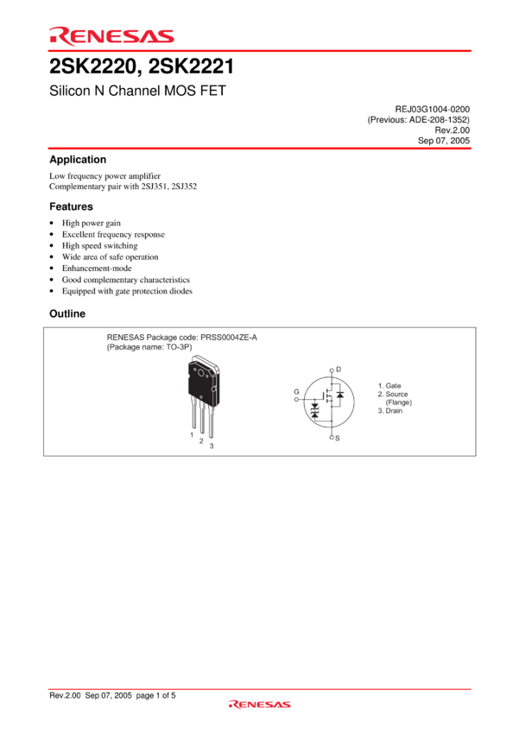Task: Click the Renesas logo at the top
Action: [x=112, y=36]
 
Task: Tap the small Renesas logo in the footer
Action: [x=259, y=704]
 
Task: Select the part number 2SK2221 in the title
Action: [x=191, y=66]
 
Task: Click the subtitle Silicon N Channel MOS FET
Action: [x=137, y=91]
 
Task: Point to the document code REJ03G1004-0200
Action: [x=433, y=109]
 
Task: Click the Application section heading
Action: [x=78, y=160]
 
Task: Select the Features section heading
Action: [x=71, y=206]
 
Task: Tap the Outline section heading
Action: [x=67, y=313]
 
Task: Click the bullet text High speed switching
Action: [x=99, y=246]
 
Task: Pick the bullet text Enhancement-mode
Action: [x=97, y=269]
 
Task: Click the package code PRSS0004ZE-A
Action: [x=229, y=337]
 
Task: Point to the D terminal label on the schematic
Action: [x=339, y=370]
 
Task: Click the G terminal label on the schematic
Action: [x=296, y=392]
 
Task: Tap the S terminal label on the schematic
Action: [x=338, y=438]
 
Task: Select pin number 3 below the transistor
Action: [x=212, y=446]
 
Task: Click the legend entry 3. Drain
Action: [x=390, y=410]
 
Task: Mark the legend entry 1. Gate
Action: [x=389, y=386]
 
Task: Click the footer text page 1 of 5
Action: [x=155, y=696]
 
